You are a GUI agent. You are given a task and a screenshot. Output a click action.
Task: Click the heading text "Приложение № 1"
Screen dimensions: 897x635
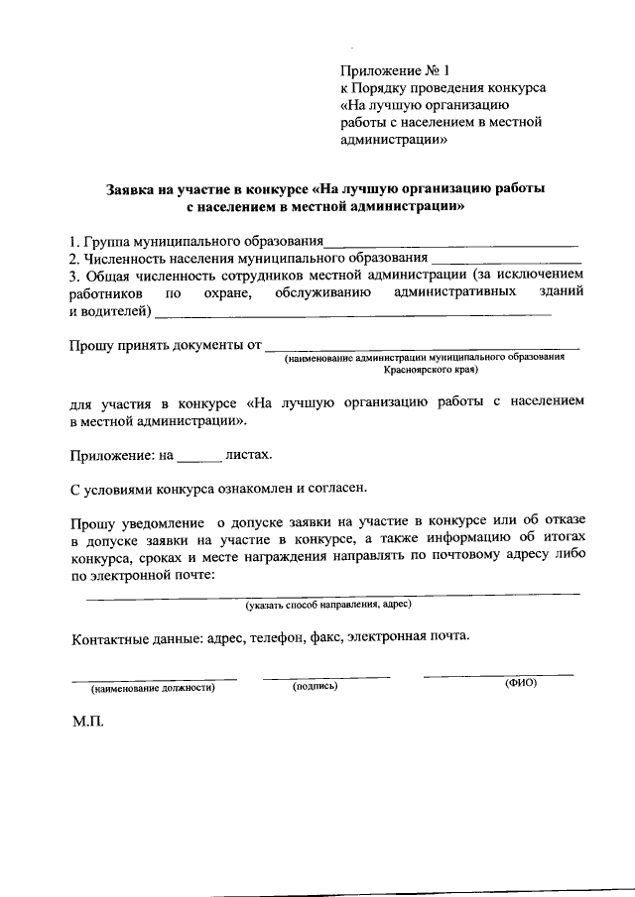click(395, 70)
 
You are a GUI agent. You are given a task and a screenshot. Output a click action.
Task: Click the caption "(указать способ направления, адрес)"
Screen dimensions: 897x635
click(328, 604)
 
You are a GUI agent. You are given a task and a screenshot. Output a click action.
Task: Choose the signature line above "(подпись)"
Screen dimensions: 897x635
click(326, 678)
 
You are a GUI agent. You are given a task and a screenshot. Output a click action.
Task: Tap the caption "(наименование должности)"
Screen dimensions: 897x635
click(153, 688)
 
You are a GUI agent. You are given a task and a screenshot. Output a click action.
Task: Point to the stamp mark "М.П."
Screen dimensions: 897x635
click(87, 724)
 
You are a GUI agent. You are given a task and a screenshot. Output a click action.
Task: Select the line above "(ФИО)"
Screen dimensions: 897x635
click(498, 676)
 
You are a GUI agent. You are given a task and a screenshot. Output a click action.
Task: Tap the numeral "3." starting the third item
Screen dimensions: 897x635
click(74, 276)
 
